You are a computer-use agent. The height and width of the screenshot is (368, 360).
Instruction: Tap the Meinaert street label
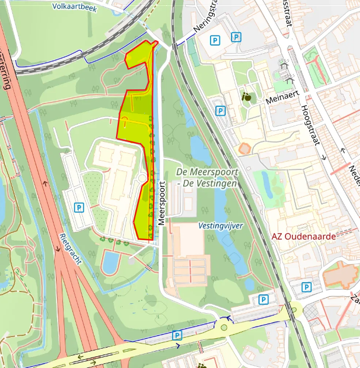tap(281, 100)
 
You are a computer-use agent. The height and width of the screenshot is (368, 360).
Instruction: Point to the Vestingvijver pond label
tap(221, 225)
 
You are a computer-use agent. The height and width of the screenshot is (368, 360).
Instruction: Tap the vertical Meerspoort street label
tap(162, 199)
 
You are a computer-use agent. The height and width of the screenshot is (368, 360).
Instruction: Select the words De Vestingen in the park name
tap(209, 183)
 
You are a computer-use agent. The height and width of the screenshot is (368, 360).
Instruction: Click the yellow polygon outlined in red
tap(138, 111)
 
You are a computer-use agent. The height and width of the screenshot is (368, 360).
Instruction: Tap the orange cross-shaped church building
tap(339, 273)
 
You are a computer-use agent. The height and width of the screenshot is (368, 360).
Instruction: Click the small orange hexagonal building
tap(244, 148)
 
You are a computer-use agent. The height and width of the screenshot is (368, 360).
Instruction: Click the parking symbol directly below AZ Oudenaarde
tap(306, 287)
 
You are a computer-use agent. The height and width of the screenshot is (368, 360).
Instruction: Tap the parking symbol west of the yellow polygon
tap(79, 207)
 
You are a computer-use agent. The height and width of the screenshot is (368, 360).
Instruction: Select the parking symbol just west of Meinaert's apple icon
tap(220, 110)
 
